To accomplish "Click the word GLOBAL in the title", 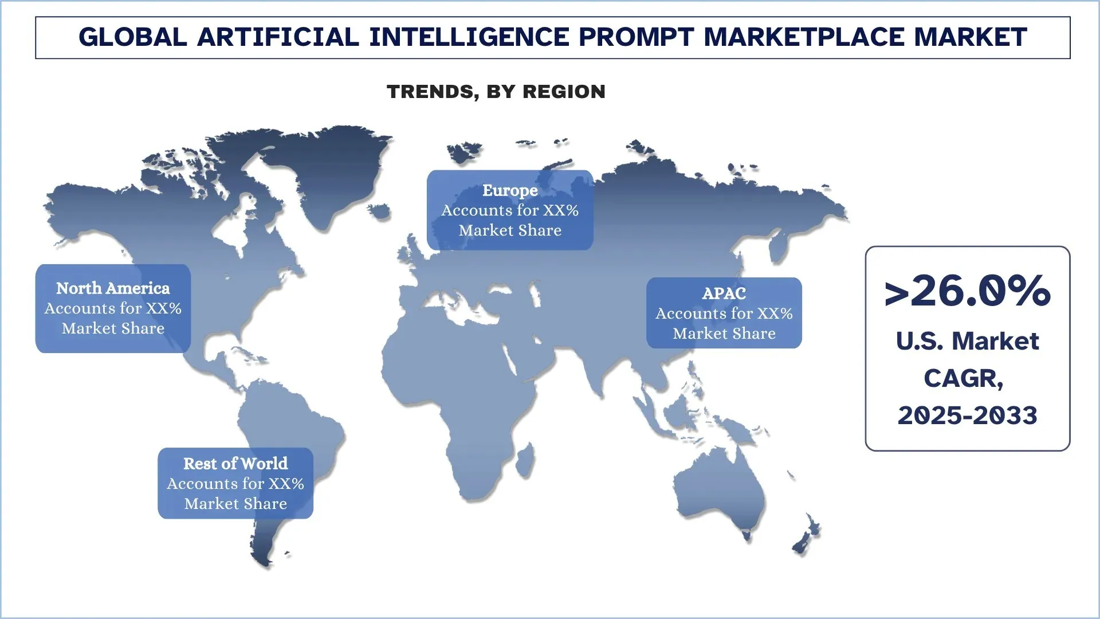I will pos(132,37).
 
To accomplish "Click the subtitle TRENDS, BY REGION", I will pos(496,92).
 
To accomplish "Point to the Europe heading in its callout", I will pos(510,190).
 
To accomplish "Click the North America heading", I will pos(113,288).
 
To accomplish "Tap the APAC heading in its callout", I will pos(724,293).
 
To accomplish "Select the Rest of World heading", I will pos(235,464).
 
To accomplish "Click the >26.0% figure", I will pos(968,291).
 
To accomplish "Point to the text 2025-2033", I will pos(968,416).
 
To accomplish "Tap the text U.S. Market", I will pos(968,341).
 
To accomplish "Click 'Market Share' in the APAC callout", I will pos(724,334).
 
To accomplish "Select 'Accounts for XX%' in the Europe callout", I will pos(510,210).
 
